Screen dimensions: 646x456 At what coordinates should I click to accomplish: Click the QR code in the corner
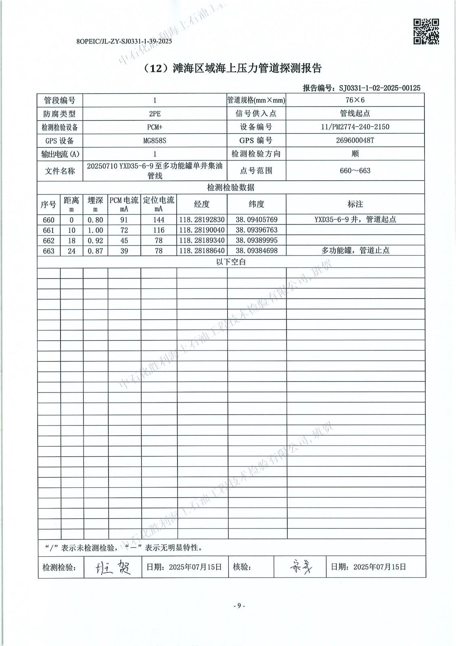426,31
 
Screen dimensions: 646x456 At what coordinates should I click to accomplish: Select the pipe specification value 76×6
355,100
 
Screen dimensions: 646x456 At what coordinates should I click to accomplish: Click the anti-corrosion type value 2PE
155,113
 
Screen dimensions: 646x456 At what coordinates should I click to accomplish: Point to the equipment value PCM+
155,127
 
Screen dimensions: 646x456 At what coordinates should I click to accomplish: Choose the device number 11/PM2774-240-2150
355,127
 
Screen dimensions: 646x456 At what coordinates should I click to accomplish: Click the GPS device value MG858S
155,141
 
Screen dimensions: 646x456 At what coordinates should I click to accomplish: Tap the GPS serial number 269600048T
355,141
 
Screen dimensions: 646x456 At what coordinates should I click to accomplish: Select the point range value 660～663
355,170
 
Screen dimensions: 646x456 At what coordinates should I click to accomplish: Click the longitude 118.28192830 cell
202,220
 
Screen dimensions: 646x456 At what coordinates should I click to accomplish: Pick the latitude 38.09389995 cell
257,240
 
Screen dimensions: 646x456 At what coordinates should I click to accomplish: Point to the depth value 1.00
95,230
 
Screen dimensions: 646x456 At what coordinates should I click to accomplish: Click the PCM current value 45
124,240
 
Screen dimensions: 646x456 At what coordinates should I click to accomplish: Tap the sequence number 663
48,251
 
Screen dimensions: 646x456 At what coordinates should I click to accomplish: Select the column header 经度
202,204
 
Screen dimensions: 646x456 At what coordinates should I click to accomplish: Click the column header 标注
355,204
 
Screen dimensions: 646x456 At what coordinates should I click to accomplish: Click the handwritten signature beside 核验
301,567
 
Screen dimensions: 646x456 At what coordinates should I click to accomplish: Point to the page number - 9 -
239,605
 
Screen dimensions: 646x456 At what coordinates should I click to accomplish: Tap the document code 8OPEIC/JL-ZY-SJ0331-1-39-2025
124,41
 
